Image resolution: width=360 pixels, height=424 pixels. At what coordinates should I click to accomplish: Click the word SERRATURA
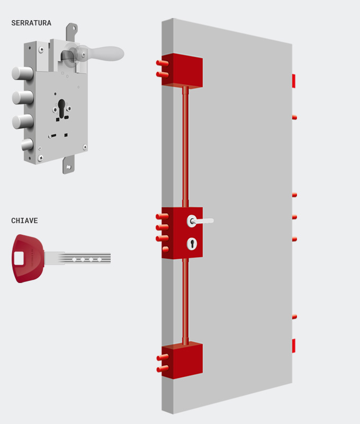31,23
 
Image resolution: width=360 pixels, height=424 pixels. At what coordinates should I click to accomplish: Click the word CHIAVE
25,220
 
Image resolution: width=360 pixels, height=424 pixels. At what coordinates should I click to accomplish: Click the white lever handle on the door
202,220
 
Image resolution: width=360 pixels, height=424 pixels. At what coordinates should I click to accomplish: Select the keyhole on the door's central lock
192,243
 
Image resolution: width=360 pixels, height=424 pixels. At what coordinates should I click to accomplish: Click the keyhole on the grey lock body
61,108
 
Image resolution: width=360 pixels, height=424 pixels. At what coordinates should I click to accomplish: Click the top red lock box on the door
182,70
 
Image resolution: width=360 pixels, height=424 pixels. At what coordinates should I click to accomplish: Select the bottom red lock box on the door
182,360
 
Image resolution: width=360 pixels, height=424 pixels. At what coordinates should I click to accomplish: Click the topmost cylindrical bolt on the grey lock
22,73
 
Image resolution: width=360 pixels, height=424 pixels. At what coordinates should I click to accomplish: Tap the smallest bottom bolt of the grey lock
26,145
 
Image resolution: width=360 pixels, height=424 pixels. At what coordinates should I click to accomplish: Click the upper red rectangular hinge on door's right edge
293,81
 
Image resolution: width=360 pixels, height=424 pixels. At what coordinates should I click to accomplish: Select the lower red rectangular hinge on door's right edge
293,346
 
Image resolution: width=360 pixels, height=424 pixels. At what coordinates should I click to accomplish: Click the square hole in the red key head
19,258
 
